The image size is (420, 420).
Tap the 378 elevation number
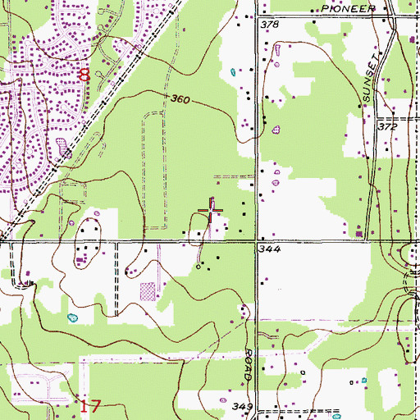(x=269, y=26)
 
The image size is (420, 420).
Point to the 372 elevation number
(x=387, y=129)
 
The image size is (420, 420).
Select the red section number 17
(x=90, y=404)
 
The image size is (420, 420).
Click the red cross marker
(x=212, y=212)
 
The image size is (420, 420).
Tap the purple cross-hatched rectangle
(x=148, y=291)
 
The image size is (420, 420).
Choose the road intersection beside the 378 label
(x=256, y=16)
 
